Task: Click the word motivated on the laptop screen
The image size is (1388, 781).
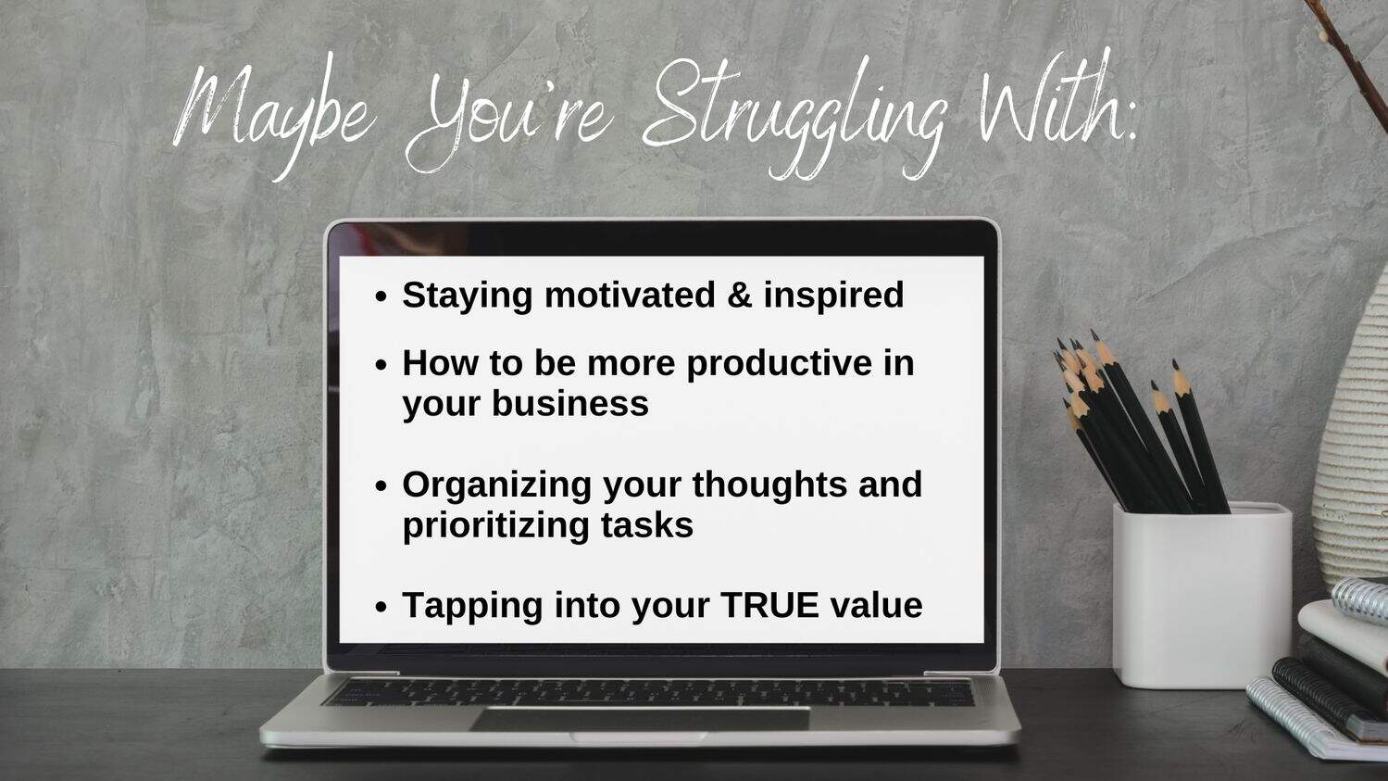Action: (x=630, y=295)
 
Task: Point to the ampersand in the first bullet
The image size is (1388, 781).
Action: (x=739, y=295)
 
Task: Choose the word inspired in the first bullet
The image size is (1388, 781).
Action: (x=833, y=296)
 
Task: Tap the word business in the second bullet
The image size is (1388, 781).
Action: (x=570, y=404)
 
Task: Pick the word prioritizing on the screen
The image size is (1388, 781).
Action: (x=495, y=526)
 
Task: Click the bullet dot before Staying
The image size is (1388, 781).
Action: (x=381, y=296)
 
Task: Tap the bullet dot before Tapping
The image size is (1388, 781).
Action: (x=381, y=607)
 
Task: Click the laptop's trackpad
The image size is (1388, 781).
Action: (x=640, y=719)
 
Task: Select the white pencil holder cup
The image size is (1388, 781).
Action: (x=1202, y=595)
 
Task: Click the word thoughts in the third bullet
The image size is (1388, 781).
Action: (x=769, y=485)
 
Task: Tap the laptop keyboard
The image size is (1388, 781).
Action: (x=648, y=692)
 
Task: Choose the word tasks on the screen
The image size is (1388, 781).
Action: (x=646, y=525)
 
